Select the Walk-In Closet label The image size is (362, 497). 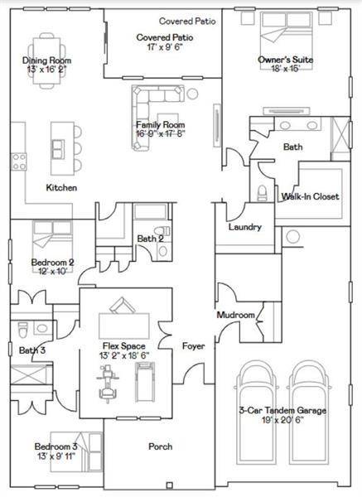pyautogui.click(x=311, y=196)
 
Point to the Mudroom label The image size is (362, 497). pyautogui.click(x=234, y=315)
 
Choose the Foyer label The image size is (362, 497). pyautogui.click(x=193, y=346)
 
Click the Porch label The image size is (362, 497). pyautogui.click(x=160, y=446)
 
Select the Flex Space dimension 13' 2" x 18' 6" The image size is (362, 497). pyautogui.click(x=124, y=355)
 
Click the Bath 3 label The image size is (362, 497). pyautogui.click(x=31, y=350)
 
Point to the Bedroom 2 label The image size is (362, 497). pyautogui.click(x=52, y=263)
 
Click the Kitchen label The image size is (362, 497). pyautogui.click(x=61, y=188)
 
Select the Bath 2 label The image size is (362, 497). pyautogui.click(x=150, y=239)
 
